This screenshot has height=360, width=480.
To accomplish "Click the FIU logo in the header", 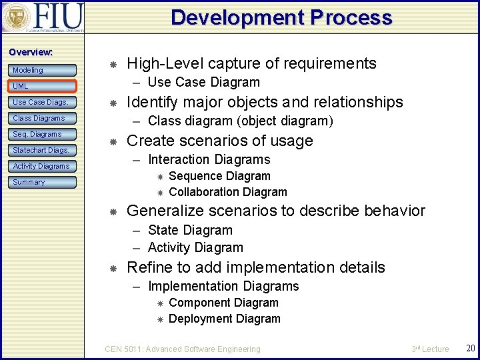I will [43, 17].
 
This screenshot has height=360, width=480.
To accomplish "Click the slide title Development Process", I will [281, 17].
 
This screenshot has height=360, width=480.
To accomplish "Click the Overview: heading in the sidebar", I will [30, 52].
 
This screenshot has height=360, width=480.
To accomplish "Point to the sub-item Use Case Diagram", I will [203, 83].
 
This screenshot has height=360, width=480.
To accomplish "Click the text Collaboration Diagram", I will [228, 192].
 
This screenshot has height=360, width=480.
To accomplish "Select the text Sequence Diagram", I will [219, 176].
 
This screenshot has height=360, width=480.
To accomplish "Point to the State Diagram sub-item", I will [190, 230].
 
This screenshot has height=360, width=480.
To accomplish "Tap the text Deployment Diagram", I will [225, 319].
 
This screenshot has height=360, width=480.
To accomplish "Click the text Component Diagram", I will [223, 303].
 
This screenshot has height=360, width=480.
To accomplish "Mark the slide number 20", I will [470, 349].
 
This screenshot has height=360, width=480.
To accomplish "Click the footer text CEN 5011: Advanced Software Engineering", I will [183, 349].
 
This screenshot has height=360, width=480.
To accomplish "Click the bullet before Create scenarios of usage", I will [113, 141].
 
